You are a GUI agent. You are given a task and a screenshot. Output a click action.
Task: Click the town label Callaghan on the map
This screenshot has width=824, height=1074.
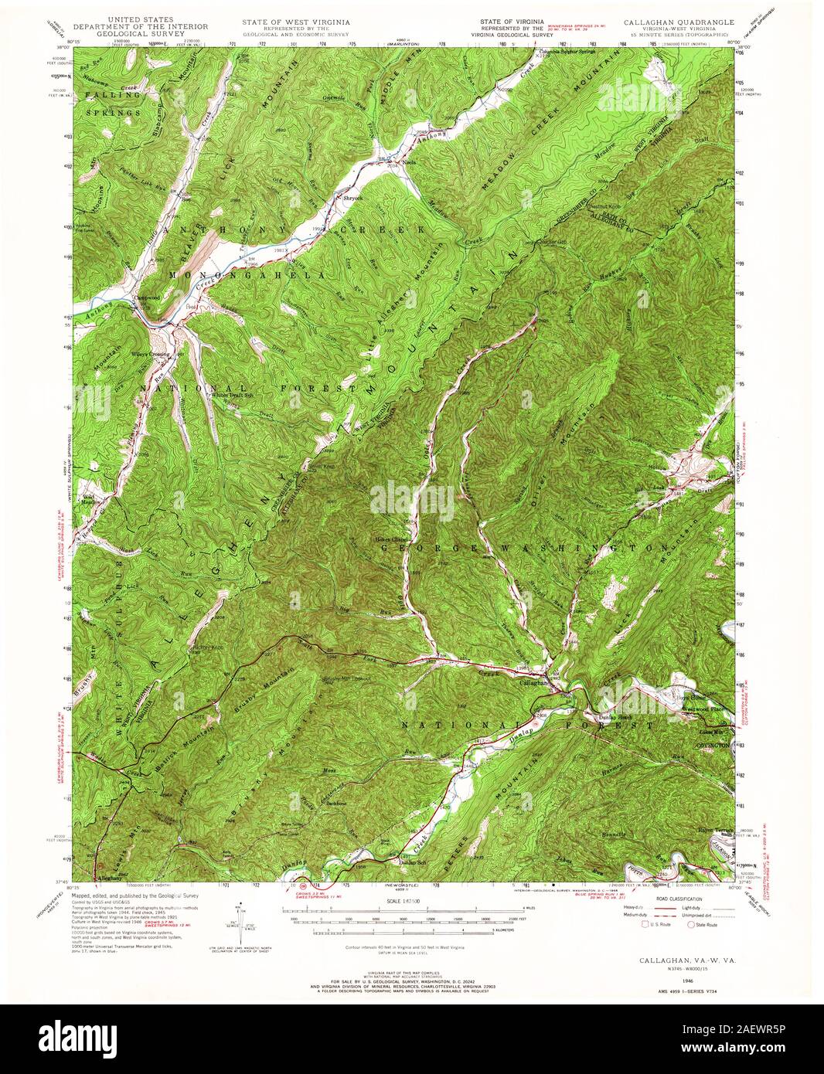pos(533,683)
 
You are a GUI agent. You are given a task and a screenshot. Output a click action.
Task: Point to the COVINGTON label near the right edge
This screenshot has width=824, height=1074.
pos(713,744)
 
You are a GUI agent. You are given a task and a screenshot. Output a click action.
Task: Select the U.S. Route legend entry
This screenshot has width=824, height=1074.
pos(655,924)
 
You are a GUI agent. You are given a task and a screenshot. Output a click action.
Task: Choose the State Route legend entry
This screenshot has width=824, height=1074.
pos(704,924)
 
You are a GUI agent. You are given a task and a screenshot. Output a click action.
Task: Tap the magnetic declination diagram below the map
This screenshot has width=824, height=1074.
pos(240,919)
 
